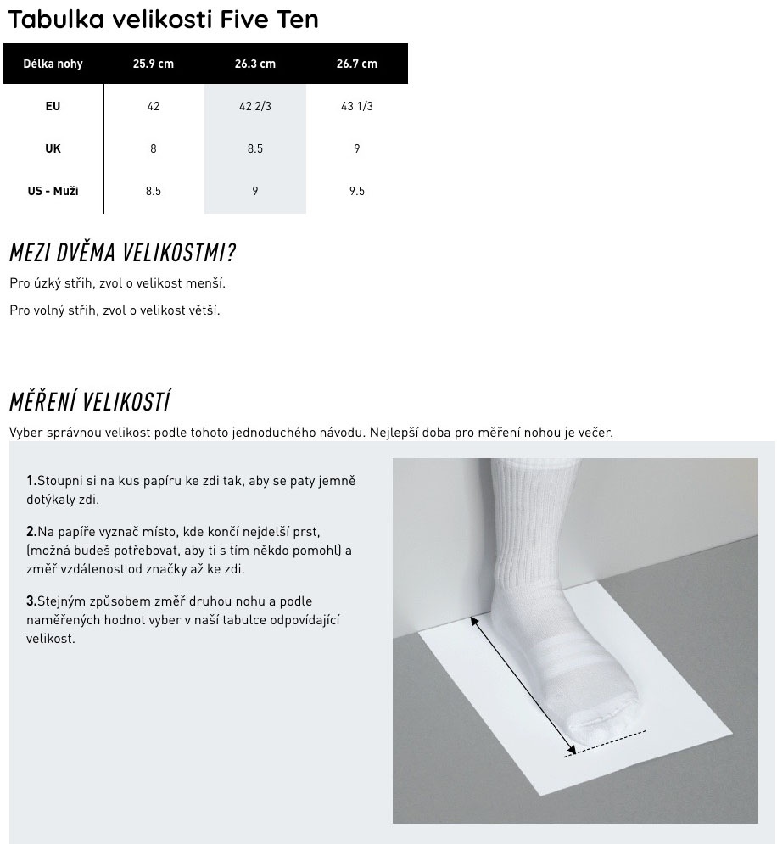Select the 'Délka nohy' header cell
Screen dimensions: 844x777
tap(53, 64)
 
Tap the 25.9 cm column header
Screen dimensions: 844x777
tap(153, 64)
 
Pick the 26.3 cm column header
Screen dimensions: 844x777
tap(254, 64)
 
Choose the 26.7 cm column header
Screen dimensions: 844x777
tap(356, 64)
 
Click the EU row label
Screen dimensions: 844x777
tap(53, 106)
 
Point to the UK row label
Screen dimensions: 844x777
tap(53, 148)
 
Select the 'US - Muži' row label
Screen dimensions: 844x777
tap(53, 191)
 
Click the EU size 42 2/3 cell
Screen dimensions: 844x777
tap(254, 106)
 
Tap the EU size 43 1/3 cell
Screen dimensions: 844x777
tap(356, 106)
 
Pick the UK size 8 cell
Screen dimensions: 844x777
tap(153, 148)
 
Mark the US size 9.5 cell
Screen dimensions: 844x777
tap(356, 191)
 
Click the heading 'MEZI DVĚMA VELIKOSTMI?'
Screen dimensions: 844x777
tap(122, 252)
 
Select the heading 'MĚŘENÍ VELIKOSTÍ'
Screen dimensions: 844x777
tap(90, 400)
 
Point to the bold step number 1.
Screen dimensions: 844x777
tap(31, 481)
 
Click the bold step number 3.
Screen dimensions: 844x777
tap(31, 601)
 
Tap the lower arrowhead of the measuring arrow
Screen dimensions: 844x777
tap(573, 749)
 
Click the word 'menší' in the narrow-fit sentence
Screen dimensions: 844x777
tap(207, 283)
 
